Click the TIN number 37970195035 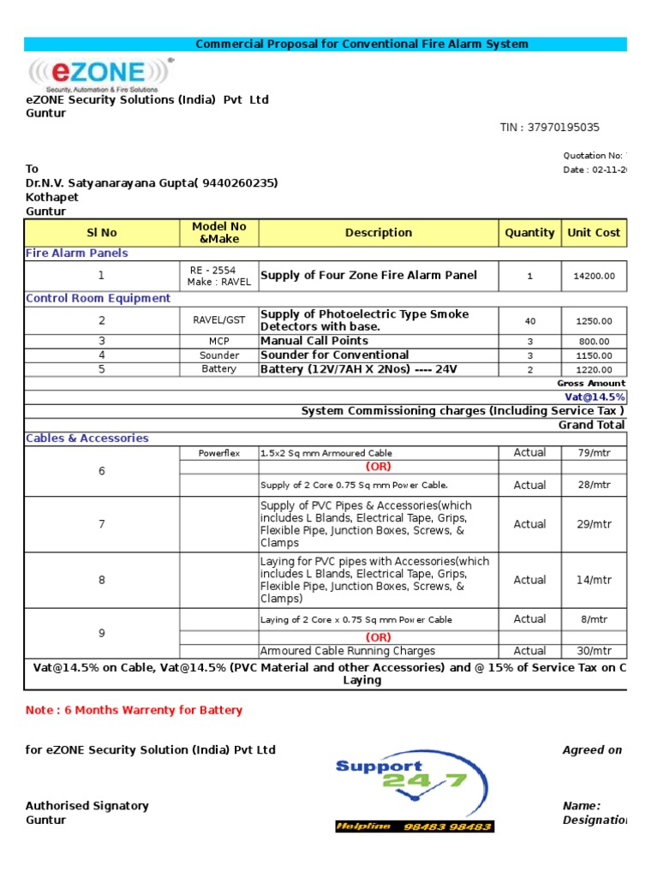pyautogui.click(x=550, y=128)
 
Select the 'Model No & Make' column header pyautogui.click(x=218, y=232)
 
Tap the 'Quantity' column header pyautogui.click(x=529, y=232)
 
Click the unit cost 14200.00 pyautogui.click(x=594, y=277)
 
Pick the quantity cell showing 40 pyautogui.click(x=529, y=321)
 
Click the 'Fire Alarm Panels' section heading pyautogui.click(x=77, y=254)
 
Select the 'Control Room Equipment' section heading pyautogui.click(x=98, y=298)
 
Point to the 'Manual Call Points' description pyautogui.click(x=314, y=341)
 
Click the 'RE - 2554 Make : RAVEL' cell pyautogui.click(x=218, y=276)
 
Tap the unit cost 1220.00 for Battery pyautogui.click(x=594, y=370)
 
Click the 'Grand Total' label pyautogui.click(x=591, y=425)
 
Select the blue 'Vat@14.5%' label pyautogui.click(x=595, y=397)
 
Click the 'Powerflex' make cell pyautogui.click(x=218, y=453)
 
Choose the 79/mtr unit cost pyautogui.click(x=594, y=453)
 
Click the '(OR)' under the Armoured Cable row pyautogui.click(x=378, y=467)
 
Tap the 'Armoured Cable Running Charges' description pyautogui.click(x=347, y=651)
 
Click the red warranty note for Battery pyautogui.click(x=134, y=710)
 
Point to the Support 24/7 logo pyautogui.click(x=401, y=782)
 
